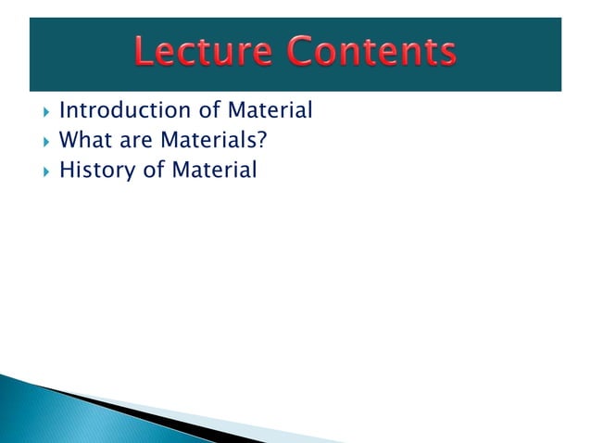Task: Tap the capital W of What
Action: click(68, 142)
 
